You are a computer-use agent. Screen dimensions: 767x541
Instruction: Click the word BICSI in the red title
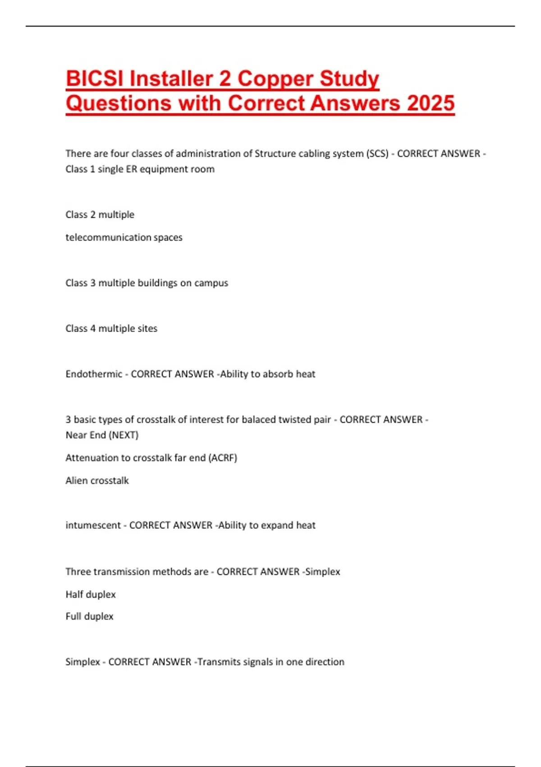[94, 79]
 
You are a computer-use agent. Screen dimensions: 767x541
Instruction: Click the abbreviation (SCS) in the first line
[377, 153]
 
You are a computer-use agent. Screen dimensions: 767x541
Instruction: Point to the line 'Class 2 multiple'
[100, 214]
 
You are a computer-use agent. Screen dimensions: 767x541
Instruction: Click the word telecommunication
[108, 237]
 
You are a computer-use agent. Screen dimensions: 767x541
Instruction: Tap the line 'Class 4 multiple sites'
[111, 328]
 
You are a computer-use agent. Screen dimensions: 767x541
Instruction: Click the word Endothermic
[94, 374]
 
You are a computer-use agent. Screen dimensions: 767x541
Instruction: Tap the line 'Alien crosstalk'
[97, 481]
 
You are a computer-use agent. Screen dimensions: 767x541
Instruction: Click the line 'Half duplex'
[91, 594]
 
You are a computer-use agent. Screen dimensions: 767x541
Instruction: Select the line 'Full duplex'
[89, 616]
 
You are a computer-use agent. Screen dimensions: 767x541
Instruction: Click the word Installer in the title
[171, 79]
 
